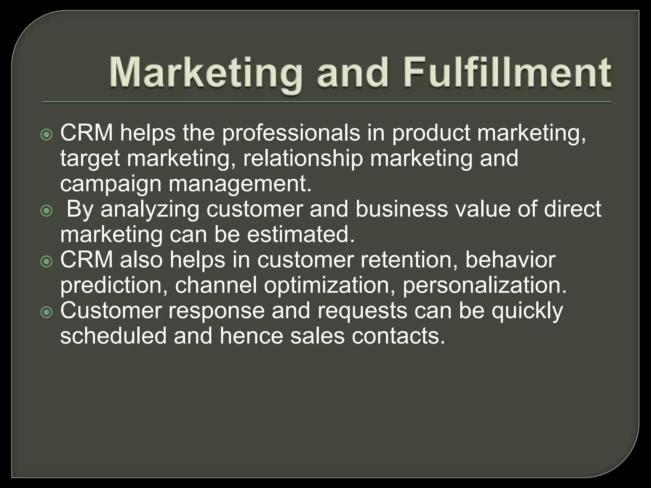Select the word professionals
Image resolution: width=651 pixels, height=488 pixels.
[291, 133]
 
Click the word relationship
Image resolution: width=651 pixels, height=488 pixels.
[303, 159]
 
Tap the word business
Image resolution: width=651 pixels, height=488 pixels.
[401, 209]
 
